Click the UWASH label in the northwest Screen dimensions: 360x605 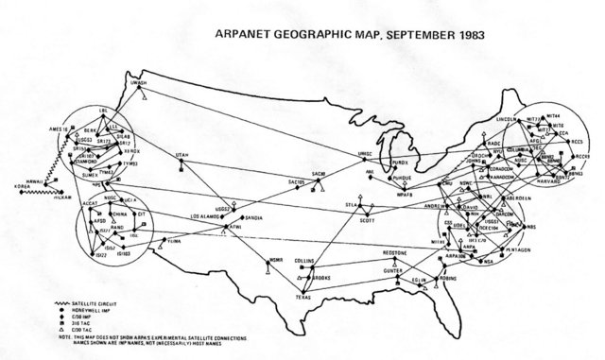(139, 83)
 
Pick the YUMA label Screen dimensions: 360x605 (172, 241)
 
